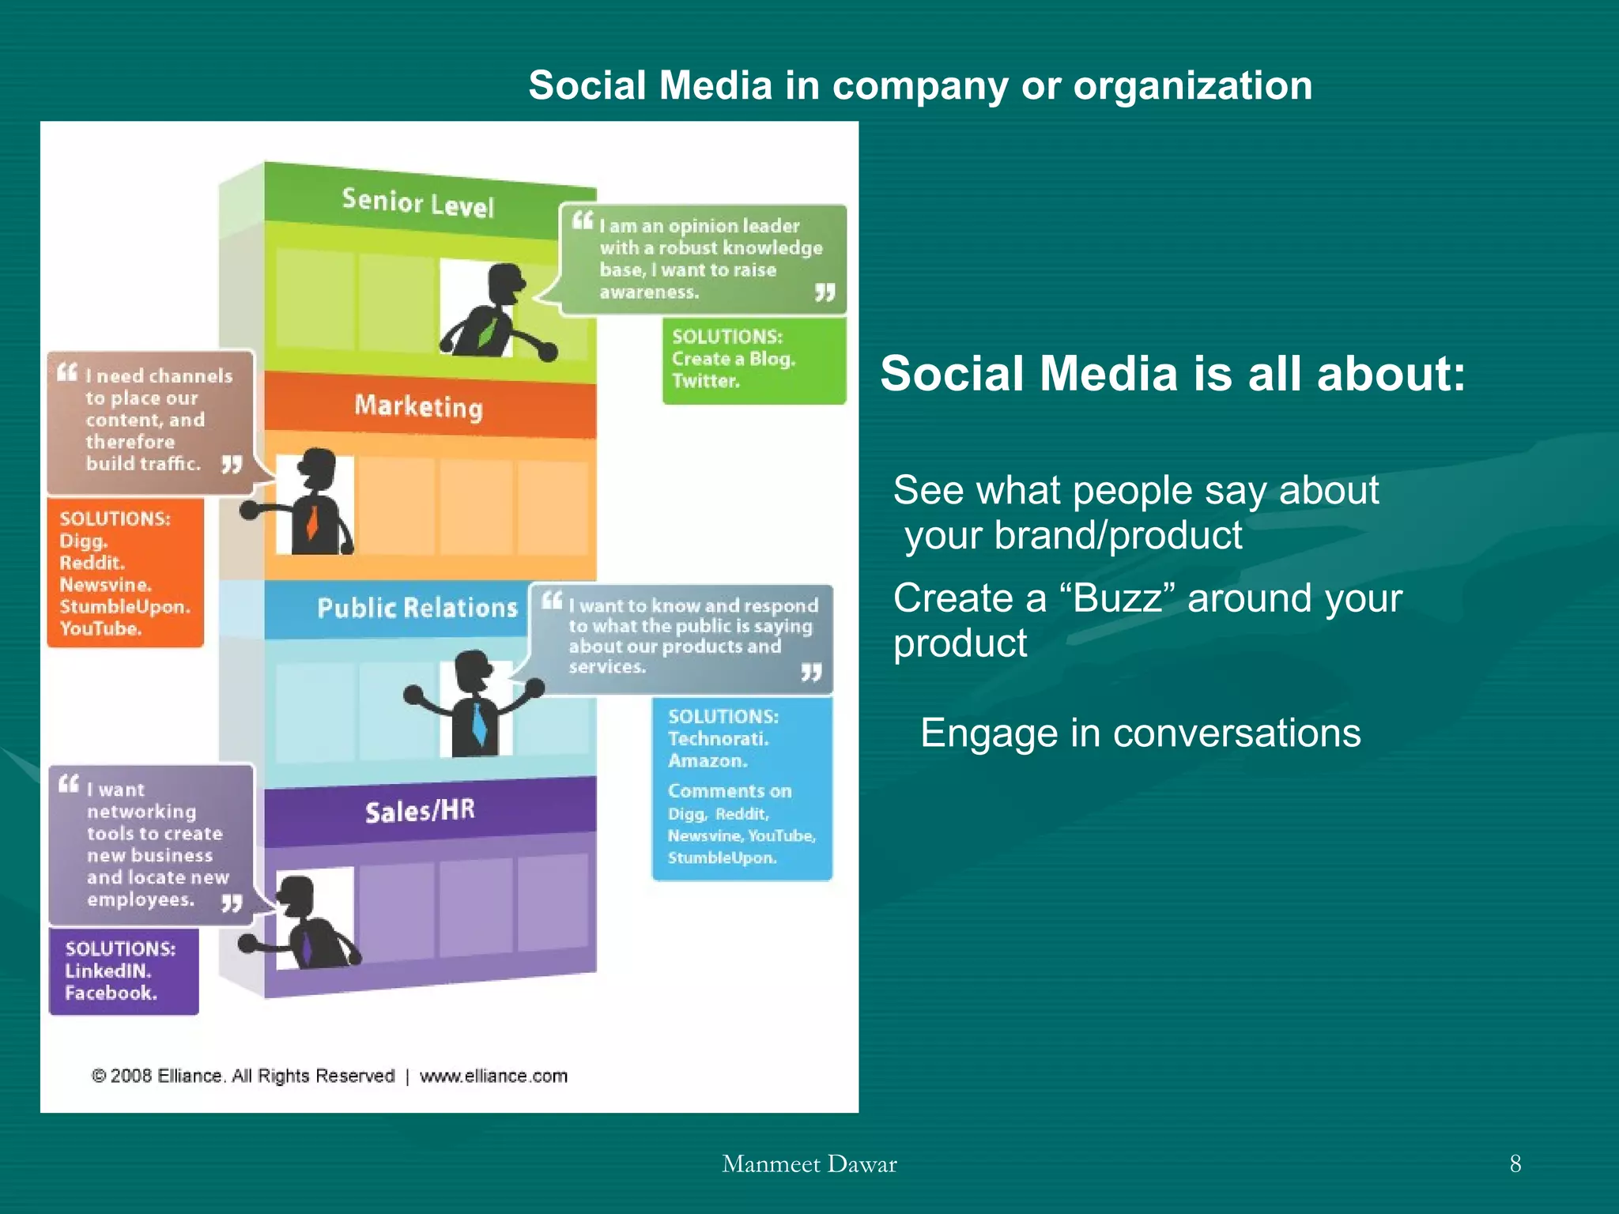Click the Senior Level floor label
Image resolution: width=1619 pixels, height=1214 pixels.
(x=417, y=203)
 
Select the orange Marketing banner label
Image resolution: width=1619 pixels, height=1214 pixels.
(x=418, y=406)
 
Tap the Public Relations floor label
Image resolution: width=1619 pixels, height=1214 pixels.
(x=417, y=608)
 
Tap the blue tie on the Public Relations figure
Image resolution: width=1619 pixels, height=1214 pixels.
(x=478, y=723)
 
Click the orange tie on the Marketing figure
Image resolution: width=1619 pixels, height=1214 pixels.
(x=312, y=522)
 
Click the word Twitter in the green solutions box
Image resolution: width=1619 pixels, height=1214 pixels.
(x=705, y=381)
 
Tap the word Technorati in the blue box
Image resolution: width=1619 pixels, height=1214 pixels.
(x=718, y=739)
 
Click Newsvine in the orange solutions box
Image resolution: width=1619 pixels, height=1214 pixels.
(x=105, y=585)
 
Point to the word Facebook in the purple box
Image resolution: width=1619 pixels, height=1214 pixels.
(x=111, y=993)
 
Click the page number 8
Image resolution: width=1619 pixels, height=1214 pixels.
(x=1515, y=1163)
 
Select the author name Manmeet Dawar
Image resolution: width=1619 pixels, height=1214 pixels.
(x=809, y=1163)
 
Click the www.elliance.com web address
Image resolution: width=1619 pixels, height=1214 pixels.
(x=493, y=1076)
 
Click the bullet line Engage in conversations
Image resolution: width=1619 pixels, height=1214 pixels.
(x=1140, y=733)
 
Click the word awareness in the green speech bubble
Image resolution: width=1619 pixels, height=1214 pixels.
(x=649, y=292)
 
